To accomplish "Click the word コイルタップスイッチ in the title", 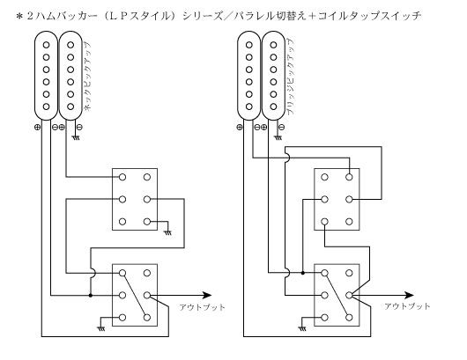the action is click(x=369, y=16).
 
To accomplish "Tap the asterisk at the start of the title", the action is click(x=19, y=16).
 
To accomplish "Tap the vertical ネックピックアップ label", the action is click(x=87, y=77).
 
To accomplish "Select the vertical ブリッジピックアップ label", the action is click(x=290, y=77).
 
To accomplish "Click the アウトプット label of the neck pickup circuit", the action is click(x=203, y=307).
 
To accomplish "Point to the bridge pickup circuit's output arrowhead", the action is click(x=409, y=296).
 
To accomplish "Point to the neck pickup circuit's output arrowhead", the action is click(x=207, y=296).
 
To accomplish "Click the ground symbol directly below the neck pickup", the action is click(x=76, y=138).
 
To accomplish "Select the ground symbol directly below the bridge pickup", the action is click(x=278, y=138).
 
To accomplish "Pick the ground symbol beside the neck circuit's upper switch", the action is click(x=168, y=232).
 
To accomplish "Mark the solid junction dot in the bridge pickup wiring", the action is click(x=302, y=273).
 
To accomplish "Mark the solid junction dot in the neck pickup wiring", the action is click(x=91, y=296).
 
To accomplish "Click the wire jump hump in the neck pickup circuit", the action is click(x=93, y=273).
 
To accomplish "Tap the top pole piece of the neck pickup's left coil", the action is click(x=46, y=45).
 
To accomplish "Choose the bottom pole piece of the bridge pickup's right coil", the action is click(x=273, y=107).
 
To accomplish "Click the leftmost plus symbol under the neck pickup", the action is click(x=37, y=128).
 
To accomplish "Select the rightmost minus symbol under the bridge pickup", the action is click(x=282, y=128).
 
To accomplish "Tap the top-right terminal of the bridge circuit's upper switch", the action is click(x=349, y=177).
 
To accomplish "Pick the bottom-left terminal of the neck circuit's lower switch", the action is click(x=122, y=318).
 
